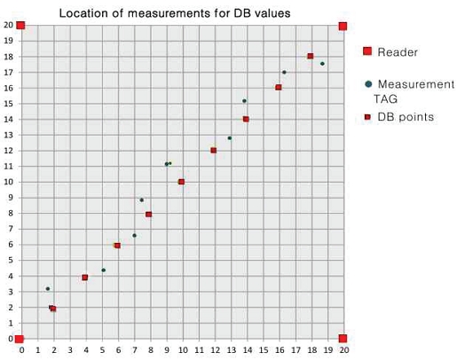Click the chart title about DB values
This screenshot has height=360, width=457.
point(175,13)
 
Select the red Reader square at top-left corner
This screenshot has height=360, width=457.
point(20,26)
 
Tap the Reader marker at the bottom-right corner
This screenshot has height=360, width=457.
point(343,339)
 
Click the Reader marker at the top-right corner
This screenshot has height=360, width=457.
point(343,27)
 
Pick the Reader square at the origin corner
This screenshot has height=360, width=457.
point(20,339)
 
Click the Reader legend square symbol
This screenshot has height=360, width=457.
point(367,51)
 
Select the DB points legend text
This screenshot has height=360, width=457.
point(406,117)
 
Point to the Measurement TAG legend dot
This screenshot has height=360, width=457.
point(368,84)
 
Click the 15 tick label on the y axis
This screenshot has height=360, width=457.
point(9,104)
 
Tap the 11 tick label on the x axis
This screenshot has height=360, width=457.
point(199,350)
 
